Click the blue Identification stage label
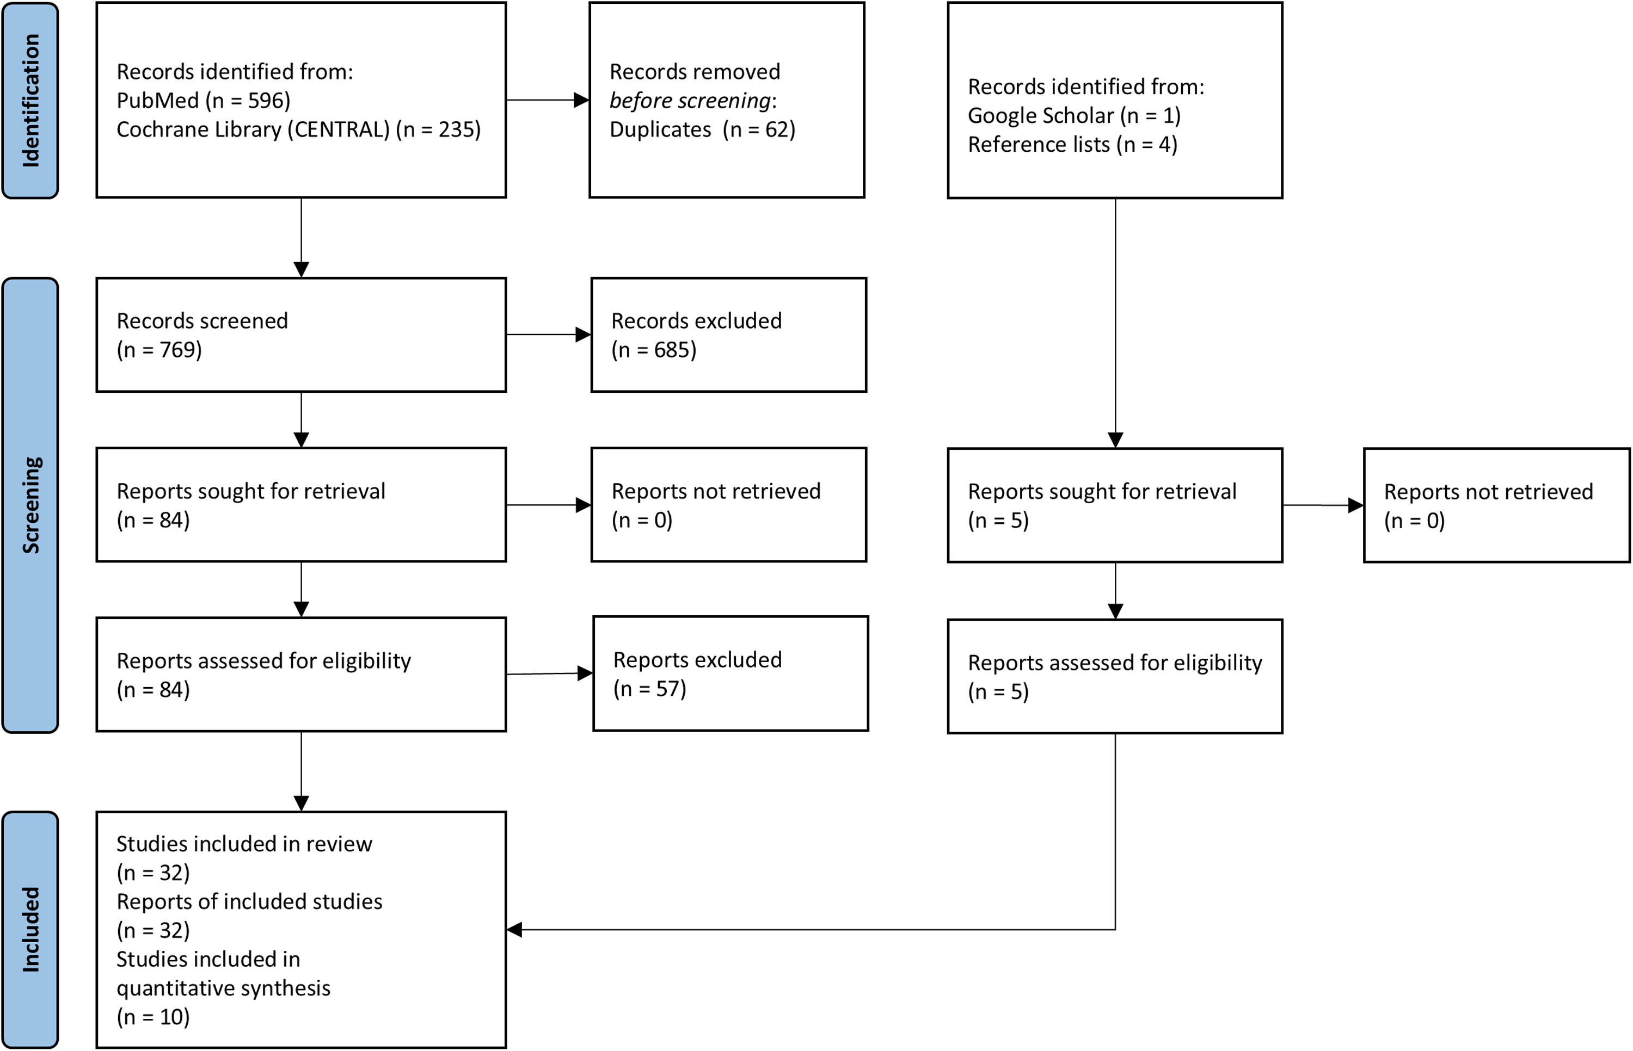[30, 100]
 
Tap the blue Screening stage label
[30, 505]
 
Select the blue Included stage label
[30, 930]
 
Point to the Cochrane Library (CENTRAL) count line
[298, 129]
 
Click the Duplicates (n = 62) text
[703, 129]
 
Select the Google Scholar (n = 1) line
[1074, 116]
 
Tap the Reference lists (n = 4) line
[1072, 145]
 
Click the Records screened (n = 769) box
[301, 335]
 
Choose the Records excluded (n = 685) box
[728, 335]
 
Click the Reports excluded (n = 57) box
[730, 673]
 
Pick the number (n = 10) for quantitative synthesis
[153, 1017]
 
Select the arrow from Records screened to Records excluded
[549, 335]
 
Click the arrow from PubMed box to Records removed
[548, 100]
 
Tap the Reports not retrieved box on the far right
[1497, 505]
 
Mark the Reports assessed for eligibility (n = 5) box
[1115, 676]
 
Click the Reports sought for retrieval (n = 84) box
[301, 504]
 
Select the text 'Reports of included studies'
[249, 901]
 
